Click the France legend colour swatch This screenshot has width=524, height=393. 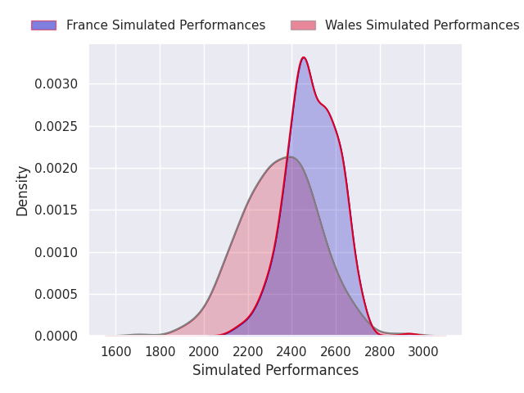click(43, 25)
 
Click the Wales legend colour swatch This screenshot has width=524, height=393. click(303, 25)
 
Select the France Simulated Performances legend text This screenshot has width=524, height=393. click(165, 25)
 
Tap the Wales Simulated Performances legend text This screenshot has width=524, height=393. click(422, 25)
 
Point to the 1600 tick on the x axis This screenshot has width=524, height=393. click(116, 352)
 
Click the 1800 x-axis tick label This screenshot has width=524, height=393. click(160, 352)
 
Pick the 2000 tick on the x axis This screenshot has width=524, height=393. click(204, 352)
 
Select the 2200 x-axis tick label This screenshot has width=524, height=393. click(248, 352)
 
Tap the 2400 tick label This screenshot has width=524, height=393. click(292, 352)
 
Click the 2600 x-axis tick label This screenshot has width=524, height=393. click(336, 352)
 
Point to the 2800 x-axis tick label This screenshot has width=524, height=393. click(380, 352)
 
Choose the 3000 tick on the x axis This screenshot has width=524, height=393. click(424, 352)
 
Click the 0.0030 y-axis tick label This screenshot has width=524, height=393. click(56, 84)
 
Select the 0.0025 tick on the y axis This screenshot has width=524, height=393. click(56, 126)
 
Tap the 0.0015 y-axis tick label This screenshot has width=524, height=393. click(56, 210)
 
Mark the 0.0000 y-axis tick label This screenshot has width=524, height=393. click(56, 336)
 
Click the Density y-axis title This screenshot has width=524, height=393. click(22, 191)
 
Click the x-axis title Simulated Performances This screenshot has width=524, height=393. click(275, 370)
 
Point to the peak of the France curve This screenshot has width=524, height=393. click(304, 57)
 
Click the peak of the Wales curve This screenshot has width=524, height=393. click(290, 156)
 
